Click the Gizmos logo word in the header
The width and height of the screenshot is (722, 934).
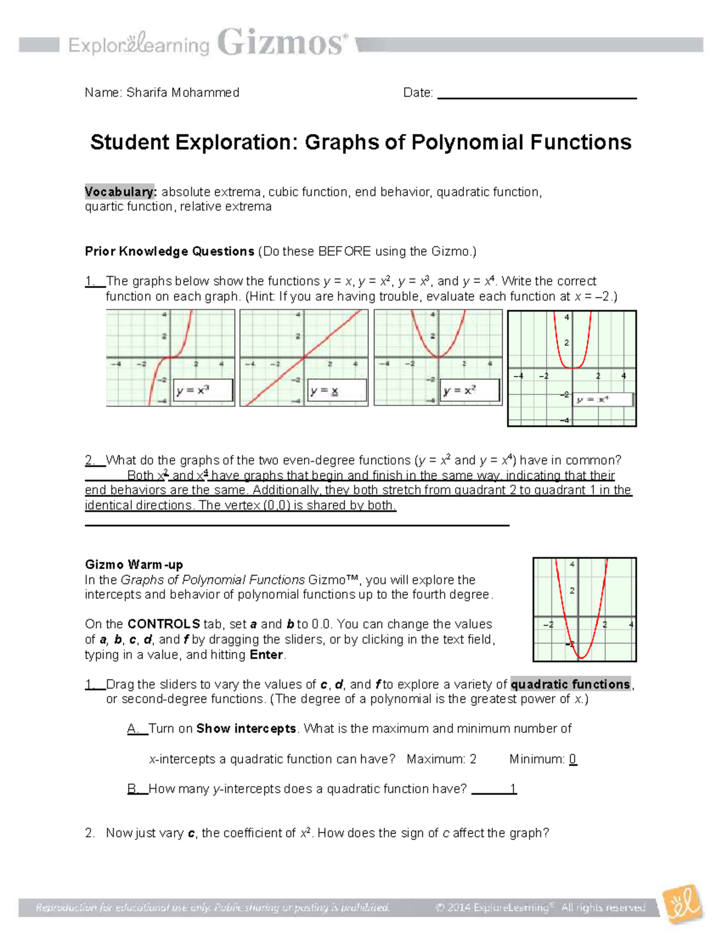pyautogui.click(x=282, y=43)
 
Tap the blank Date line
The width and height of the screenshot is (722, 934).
pyautogui.click(x=537, y=94)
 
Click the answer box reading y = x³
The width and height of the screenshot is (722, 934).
pyautogui.click(x=203, y=390)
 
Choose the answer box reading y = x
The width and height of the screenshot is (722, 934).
pyautogui.click(x=336, y=390)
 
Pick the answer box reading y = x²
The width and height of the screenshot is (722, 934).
pyautogui.click(x=470, y=390)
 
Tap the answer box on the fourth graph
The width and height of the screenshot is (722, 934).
pyautogui.click(x=602, y=399)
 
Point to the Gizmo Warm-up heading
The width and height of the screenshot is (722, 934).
pyautogui.click(x=134, y=565)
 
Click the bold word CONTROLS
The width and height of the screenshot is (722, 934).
pyautogui.click(x=164, y=624)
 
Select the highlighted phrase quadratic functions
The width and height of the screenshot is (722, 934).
pyautogui.click(x=570, y=684)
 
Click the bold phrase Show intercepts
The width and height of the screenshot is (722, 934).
pyautogui.click(x=246, y=729)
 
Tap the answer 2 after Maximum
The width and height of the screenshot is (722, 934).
pyautogui.click(x=473, y=760)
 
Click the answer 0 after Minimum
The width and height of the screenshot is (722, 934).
pyautogui.click(x=573, y=760)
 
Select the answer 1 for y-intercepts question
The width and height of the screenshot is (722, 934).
pyautogui.click(x=513, y=789)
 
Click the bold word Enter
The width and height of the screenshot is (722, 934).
pyautogui.click(x=266, y=655)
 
